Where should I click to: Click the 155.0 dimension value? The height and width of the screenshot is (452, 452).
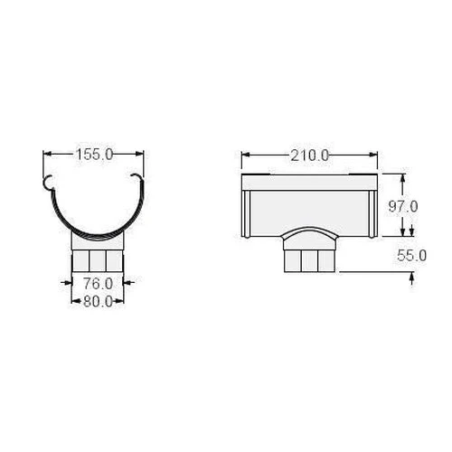[94, 155]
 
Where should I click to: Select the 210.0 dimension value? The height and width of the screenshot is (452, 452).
[310, 155]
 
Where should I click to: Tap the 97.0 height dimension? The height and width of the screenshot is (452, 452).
[403, 207]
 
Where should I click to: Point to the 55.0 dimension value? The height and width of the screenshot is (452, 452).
[411, 256]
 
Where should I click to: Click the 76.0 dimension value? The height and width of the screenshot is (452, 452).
[98, 284]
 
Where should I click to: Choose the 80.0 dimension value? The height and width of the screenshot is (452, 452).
[98, 301]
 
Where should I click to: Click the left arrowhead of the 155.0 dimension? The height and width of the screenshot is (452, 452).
[48, 154]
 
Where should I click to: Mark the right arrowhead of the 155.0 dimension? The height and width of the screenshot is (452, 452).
[139, 154]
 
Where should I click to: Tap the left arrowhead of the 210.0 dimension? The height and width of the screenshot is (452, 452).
[246, 155]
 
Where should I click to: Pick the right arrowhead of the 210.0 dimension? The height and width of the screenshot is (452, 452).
[373, 155]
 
